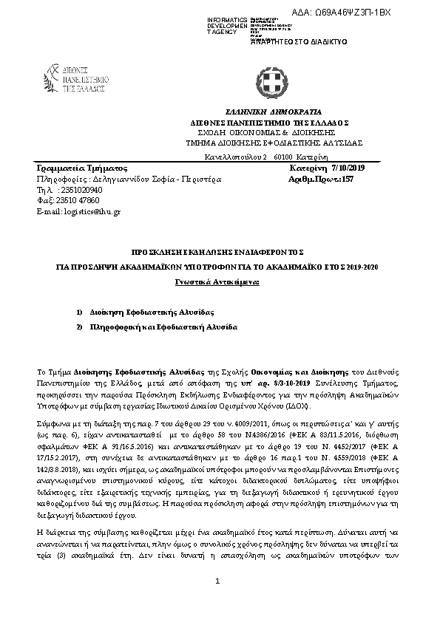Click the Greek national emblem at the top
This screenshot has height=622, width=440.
(x=268, y=78)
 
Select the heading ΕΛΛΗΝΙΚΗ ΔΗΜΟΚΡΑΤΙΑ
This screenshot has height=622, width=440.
(x=268, y=109)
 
